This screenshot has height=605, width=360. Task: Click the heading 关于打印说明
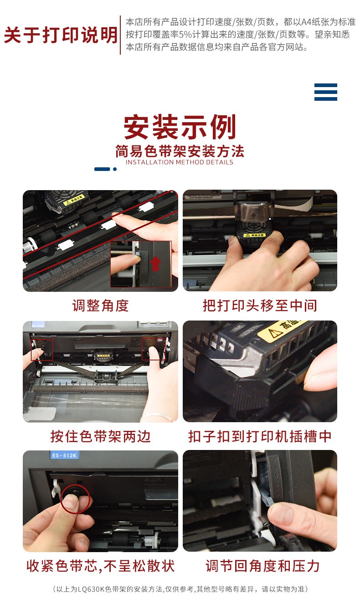click(61, 35)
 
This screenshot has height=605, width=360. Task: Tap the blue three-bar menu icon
click(325, 92)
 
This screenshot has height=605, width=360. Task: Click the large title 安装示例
click(180, 127)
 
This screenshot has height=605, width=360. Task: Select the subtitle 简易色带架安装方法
click(180, 151)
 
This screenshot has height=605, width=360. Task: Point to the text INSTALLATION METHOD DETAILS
click(180, 162)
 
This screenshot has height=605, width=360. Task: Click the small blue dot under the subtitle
click(115, 169)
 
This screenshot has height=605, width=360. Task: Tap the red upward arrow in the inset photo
click(155, 264)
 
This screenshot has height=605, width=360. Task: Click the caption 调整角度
click(100, 305)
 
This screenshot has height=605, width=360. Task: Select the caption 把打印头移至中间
click(260, 305)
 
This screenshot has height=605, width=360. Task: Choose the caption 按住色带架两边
click(100, 436)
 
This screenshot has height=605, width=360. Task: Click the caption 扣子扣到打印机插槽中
click(260, 436)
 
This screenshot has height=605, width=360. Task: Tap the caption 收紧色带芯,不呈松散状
click(100, 566)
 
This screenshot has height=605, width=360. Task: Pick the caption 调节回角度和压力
click(262, 566)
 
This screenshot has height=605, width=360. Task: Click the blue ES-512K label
click(64, 455)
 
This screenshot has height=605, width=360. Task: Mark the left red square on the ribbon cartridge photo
click(42, 350)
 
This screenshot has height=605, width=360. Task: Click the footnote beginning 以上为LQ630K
click(180, 589)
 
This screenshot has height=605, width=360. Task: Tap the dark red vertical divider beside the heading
click(120, 35)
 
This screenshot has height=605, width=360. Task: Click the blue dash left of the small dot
click(102, 169)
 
